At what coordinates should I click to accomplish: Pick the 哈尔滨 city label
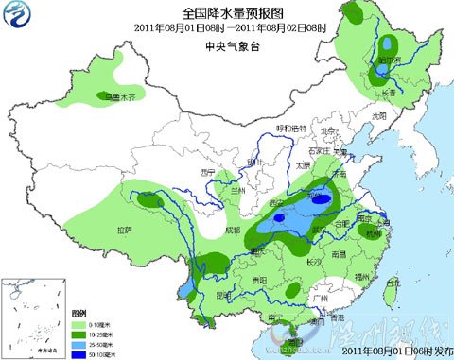pyautogui.click(x=390, y=59)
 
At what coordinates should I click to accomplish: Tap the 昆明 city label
pyautogui.click(x=223, y=294)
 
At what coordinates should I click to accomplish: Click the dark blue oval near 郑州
pyautogui.click(x=323, y=199)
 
